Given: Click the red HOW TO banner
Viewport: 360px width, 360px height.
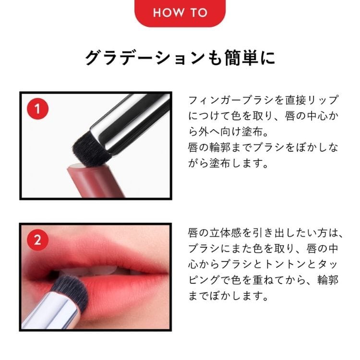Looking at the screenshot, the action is tap(180, 13).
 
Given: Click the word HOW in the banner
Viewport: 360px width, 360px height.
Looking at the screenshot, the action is tap(169, 12).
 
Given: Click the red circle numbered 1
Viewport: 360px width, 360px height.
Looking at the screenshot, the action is tap(37, 109).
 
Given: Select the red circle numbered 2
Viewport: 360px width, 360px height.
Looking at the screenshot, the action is tap(37, 240).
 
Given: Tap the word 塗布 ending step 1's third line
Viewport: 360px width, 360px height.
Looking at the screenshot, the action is tap(252, 132).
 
